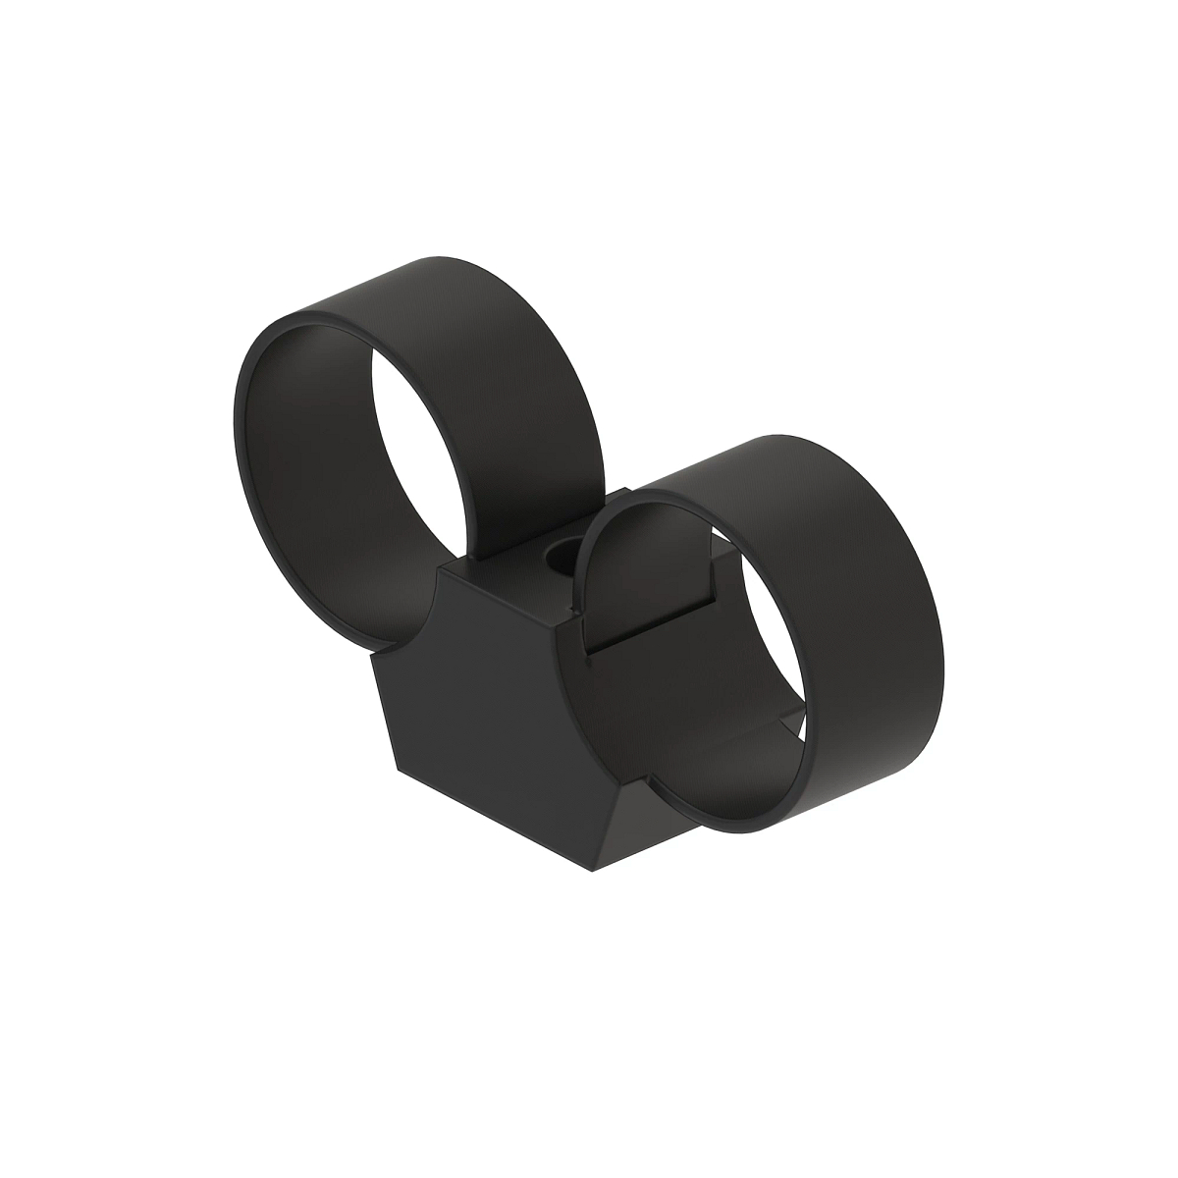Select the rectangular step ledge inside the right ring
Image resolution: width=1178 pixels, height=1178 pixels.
click(x=658, y=614)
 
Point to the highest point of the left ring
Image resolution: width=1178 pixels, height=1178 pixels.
click(x=432, y=257)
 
